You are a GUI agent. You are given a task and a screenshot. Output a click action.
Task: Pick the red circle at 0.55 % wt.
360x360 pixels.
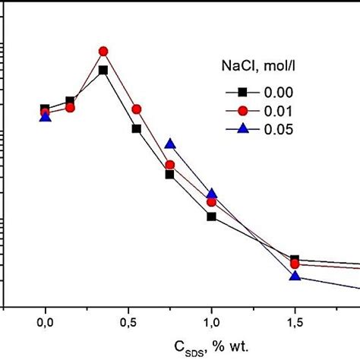[137, 109]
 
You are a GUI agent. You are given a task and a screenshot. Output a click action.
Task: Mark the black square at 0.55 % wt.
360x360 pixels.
[137, 128]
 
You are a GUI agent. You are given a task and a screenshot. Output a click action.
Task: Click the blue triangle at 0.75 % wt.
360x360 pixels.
[170, 144]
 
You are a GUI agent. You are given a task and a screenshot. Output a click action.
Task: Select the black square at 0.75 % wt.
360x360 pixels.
[170, 175]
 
